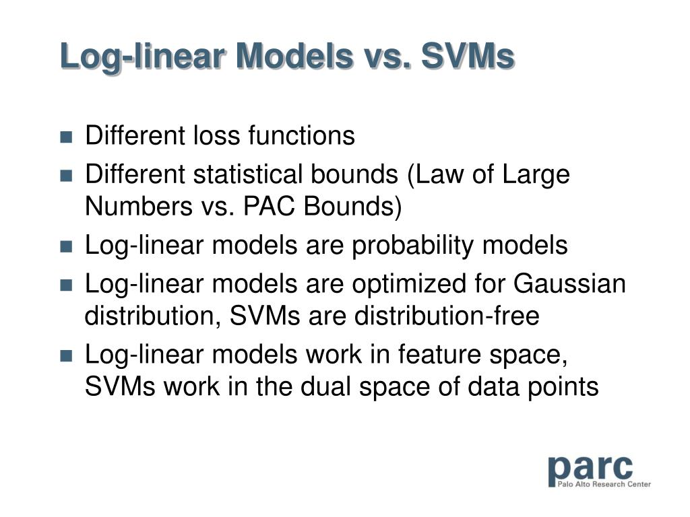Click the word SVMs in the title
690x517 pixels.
pos(468,56)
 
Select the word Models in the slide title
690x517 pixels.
pos(294,56)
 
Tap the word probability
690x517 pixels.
pos(412,245)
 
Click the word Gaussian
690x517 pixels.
pos(569,283)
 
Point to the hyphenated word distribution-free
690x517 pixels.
pos(447,316)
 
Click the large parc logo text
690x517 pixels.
pos(590,469)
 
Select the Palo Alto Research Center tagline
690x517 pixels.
pos(604,484)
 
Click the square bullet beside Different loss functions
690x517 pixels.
pos(66,137)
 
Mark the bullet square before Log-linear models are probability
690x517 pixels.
pos(66,246)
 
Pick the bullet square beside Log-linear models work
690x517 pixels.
pos(66,355)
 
